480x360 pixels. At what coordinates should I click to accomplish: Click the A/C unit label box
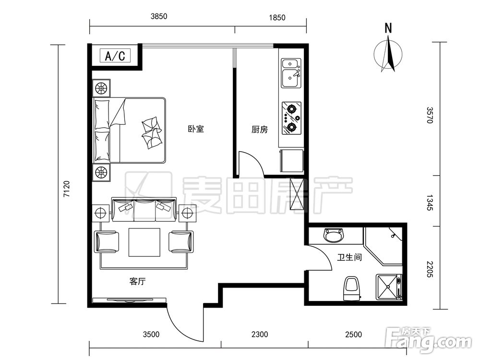pyautogui.click(x=115, y=56)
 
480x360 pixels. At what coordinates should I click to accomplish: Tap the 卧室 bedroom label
pyautogui.click(x=196, y=129)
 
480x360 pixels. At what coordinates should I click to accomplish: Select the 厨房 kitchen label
pyautogui.click(x=260, y=130)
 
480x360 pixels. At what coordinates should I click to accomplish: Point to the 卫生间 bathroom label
pyautogui.click(x=349, y=257)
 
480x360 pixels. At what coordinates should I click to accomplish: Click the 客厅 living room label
pyautogui.click(x=137, y=281)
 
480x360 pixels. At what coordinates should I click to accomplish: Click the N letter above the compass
pyautogui.click(x=388, y=28)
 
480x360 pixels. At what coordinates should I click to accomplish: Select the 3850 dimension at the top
pyautogui.click(x=159, y=16)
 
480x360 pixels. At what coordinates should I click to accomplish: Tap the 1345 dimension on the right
pyautogui.click(x=430, y=203)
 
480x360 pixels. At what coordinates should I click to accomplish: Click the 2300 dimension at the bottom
pyautogui.click(x=260, y=335)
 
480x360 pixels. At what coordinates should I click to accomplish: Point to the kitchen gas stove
pyautogui.click(x=291, y=118)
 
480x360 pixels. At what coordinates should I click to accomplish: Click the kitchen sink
pyautogui.click(x=291, y=73)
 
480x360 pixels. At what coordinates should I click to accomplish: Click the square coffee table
pyautogui.click(x=144, y=242)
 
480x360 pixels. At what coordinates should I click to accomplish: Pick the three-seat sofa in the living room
pyautogui.click(x=144, y=210)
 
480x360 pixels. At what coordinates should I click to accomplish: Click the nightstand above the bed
pyautogui.click(x=101, y=88)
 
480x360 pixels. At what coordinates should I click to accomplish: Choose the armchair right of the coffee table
pyautogui.click(x=181, y=241)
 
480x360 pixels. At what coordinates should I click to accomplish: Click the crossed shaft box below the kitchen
pyautogui.click(x=297, y=195)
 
